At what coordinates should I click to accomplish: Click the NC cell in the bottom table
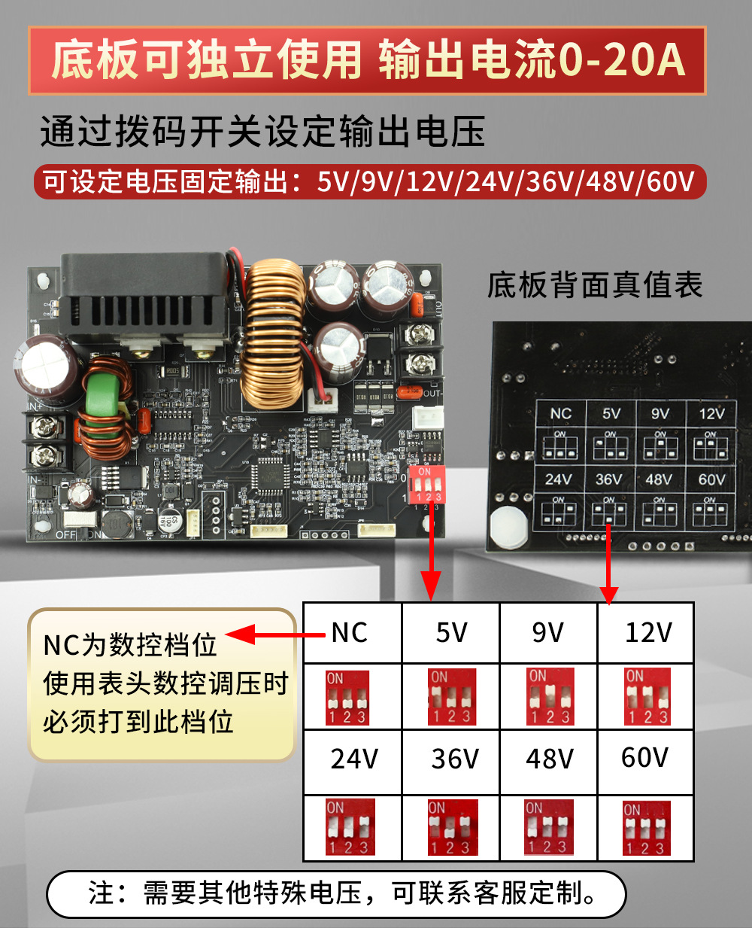tap(350, 633)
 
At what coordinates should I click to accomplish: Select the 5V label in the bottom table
tap(451, 633)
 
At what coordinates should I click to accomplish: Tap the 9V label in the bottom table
tap(547, 633)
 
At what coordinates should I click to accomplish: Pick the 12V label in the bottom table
tap(648, 633)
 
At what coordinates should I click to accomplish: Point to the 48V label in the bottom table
tap(550, 759)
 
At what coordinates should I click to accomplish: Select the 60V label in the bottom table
tap(644, 757)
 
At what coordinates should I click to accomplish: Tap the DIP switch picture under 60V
tap(646, 828)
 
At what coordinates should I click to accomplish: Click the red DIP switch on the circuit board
tap(425, 485)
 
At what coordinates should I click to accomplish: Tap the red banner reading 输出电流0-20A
tap(367, 61)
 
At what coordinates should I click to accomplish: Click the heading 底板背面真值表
tap(595, 285)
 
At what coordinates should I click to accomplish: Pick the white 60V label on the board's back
tap(711, 479)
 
